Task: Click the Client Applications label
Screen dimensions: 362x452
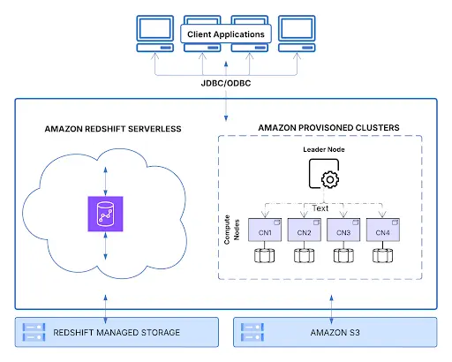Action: pos(225,34)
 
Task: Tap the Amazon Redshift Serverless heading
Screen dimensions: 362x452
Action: pos(113,129)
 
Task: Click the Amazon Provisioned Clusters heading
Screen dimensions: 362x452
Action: pos(328,128)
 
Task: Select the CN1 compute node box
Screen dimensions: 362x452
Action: pos(264,231)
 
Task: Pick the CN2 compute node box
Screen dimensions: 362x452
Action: pos(304,231)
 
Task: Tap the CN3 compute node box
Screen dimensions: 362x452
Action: pos(343,231)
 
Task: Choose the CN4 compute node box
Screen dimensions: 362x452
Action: pos(383,231)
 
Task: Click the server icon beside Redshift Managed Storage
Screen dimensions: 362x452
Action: pos(34,332)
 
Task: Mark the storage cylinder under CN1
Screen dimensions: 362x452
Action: pos(264,257)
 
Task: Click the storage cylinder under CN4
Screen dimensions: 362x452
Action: pos(383,257)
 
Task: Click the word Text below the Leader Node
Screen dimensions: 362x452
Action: pos(320,207)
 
